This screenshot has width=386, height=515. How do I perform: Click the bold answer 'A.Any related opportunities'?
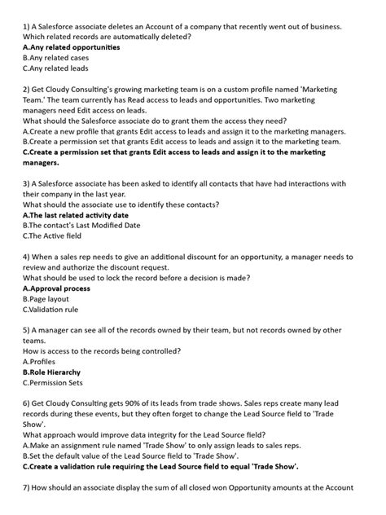tap(72, 47)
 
